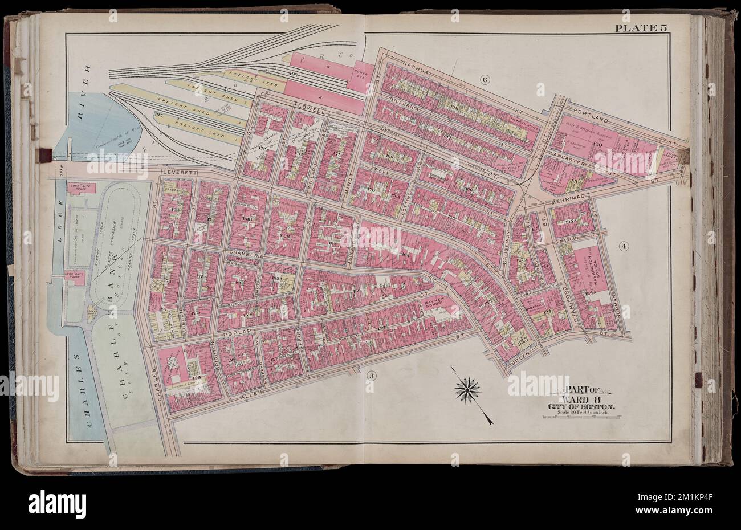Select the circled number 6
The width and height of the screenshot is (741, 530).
coord(485,80)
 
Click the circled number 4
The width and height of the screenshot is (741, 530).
coord(624,246)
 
